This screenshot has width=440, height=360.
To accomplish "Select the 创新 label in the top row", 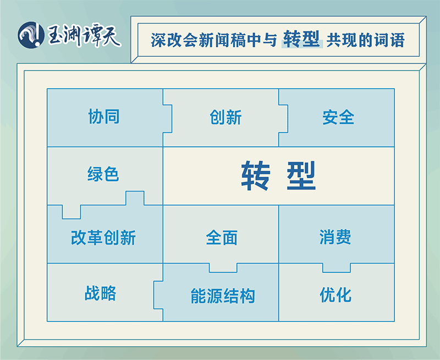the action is [226, 117].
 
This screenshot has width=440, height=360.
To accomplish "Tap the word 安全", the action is [338, 117].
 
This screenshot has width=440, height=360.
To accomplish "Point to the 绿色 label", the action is [103, 174].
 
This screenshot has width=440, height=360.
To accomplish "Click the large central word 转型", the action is [279, 176].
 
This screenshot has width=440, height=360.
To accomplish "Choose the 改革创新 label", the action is [103, 238].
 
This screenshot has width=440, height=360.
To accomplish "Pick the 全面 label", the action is [222, 238].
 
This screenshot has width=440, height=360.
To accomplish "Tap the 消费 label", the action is [335, 237].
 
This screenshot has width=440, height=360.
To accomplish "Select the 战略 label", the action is [101, 293].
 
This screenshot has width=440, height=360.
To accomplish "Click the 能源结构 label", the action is [223, 296].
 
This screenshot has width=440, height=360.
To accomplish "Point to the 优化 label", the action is [335, 295].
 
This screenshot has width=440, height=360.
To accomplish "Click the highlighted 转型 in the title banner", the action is [301, 39].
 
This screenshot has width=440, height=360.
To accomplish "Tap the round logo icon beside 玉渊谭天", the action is [31, 35].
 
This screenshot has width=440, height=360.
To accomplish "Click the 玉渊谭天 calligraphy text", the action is [84, 36].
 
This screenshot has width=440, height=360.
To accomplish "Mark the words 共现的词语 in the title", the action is [365, 40].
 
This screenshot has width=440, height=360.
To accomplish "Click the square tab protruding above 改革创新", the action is [135, 198].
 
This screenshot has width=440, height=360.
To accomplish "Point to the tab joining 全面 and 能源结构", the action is [223, 268].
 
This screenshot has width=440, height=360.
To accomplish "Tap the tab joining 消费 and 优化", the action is [337, 268].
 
